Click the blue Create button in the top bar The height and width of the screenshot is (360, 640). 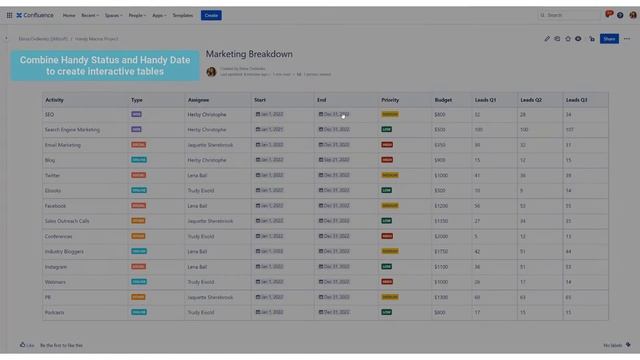(x=211, y=15)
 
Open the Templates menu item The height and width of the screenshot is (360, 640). (x=183, y=15)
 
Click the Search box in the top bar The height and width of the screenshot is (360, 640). (x=571, y=15)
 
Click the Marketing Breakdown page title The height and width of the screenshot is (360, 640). (x=249, y=54)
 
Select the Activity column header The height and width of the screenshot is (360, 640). (x=55, y=100)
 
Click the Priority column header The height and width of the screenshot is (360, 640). (x=390, y=100)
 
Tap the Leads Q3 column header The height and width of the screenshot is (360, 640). (x=577, y=100)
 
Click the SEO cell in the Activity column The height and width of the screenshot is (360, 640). (x=49, y=114)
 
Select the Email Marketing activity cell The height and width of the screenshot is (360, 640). (x=63, y=145)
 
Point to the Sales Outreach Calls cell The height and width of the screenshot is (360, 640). (x=67, y=221)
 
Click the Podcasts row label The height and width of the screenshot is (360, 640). (x=54, y=312)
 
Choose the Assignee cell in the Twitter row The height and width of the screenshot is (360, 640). (x=197, y=175)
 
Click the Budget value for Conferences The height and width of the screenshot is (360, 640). (x=441, y=236)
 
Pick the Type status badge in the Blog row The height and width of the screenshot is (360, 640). (x=138, y=160)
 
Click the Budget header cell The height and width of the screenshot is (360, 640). (x=443, y=100)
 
